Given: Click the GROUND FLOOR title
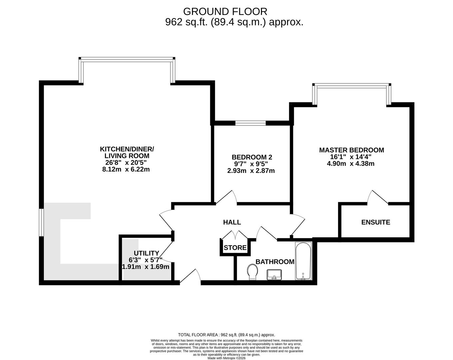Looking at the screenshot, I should click(225, 12).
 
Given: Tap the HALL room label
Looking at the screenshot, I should click(232, 222).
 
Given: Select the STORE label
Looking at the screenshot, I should click(235, 248).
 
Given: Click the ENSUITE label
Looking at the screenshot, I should click(376, 222).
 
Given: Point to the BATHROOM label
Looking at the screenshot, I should click(275, 262).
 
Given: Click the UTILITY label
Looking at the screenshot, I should click(146, 253).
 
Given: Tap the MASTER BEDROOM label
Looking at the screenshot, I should click(351, 150).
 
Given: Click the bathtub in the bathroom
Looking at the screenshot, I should click(303, 261).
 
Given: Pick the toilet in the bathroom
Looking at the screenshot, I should click(253, 272).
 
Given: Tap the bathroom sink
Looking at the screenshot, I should click(274, 274).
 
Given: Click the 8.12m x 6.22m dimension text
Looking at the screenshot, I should click(126, 169).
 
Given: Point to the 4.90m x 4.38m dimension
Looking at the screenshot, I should click(351, 164).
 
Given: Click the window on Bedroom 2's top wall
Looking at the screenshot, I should click(250, 123).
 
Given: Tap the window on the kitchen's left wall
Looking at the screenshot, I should click(41, 222).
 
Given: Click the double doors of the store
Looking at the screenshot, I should click(235, 235).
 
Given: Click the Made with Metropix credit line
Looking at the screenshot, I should click(226, 358).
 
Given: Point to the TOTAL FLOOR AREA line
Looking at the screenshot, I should click(226, 335).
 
